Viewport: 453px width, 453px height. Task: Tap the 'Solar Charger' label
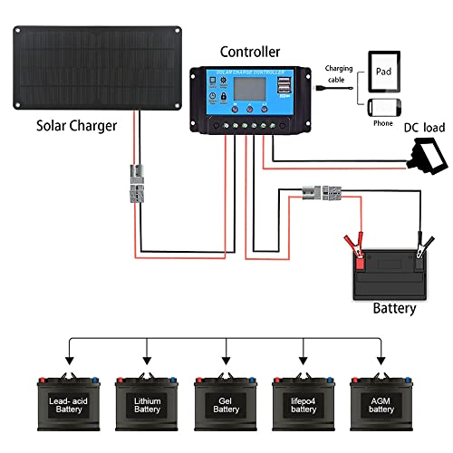click(x=77, y=126)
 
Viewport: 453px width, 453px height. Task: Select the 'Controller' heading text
click(x=249, y=53)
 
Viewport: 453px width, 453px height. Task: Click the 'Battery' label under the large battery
click(x=394, y=308)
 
